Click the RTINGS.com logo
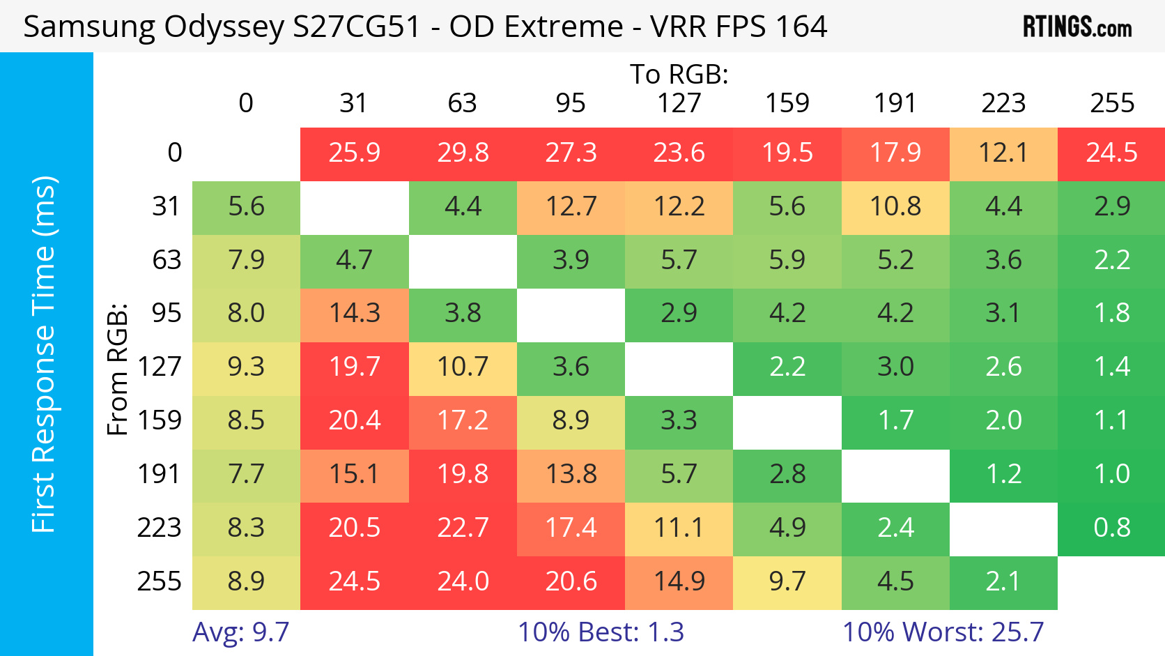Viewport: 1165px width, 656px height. pyautogui.click(x=1077, y=26)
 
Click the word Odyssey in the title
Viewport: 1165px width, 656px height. pyautogui.click(x=223, y=26)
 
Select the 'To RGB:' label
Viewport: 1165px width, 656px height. pyautogui.click(x=679, y=74)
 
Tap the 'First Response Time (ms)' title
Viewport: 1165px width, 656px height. pyautogui.click(x=44, y=354)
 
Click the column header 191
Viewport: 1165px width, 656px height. pyautogui.click(x=895, y=103)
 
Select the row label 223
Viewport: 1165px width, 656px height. pyautogui.click(x=159, y=528)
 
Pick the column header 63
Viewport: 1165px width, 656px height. pyautogui.click(x=462, y=103)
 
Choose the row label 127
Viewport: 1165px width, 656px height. pyautogui.click(x=159, y=367)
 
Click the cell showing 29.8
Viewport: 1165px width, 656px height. pyautogui.click(x=463, y=153)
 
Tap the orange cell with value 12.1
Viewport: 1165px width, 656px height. pyautogui.click(x=1003, y=153)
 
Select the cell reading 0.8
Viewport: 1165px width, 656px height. pyautogui.click(x=1111, y=528)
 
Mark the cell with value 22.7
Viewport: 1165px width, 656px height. pyautogui.click(x=463, y=528)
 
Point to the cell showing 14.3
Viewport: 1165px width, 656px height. pyautogui.click(x=355, y=313)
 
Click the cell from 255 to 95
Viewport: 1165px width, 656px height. pyautogui.click(x=571, y=581)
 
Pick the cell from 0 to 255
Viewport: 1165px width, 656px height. pyautogui.click(x=1111, y=153)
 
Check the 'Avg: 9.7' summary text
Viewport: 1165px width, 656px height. pyautogui.click(x=240, y=632)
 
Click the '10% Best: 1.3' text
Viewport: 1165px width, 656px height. pyautogui.click(x=601, y=632)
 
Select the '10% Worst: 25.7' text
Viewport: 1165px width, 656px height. pyautogui.click(x=943, y=632)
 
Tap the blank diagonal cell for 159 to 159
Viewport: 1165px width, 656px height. pyautogui.click(x=787, y=421)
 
